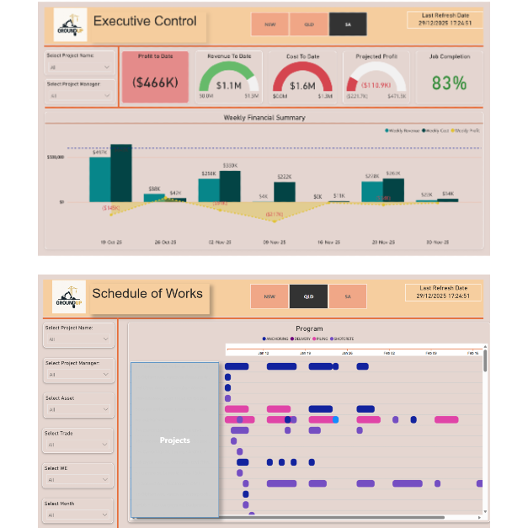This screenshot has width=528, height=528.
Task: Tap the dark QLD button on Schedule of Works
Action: (x=308, y=296)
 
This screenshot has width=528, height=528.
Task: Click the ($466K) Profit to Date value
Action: (x=154, y=83)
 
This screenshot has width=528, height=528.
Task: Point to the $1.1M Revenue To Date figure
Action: (x=228, y=85)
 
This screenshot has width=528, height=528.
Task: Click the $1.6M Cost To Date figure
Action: (x=302, y=85)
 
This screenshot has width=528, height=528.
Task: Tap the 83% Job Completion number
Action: (x=448, y=83)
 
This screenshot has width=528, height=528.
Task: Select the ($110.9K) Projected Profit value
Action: (x=375, y=85)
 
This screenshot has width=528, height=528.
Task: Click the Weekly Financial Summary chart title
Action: (x=264, y=118)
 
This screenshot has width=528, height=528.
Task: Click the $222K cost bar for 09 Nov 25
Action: (x=285, y=192)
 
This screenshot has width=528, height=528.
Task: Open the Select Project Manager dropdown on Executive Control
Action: (x=81, y=96)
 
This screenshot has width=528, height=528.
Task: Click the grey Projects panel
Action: (x=174, y=440)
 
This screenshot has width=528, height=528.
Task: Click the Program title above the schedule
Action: (x=309, y=328)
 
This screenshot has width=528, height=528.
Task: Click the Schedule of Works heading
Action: (x=147, y=294)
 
